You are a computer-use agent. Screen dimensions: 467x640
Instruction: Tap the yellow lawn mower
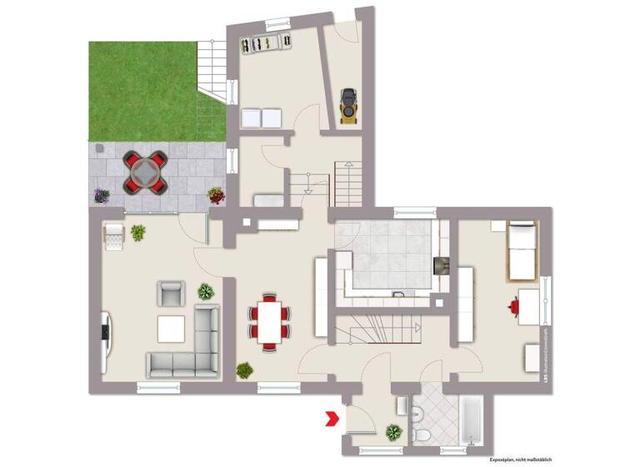[347, 106]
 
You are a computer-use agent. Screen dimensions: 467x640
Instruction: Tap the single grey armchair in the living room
[171, 294]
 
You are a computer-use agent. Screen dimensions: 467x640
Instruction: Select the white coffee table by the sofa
[171, 329]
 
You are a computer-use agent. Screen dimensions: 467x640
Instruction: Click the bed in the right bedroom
[522, 251]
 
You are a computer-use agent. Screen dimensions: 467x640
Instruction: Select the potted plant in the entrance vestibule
[392, 432]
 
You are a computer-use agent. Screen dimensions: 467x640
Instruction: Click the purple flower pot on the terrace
[102, 196]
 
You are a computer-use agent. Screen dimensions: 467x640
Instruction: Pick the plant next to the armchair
[205, 291]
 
